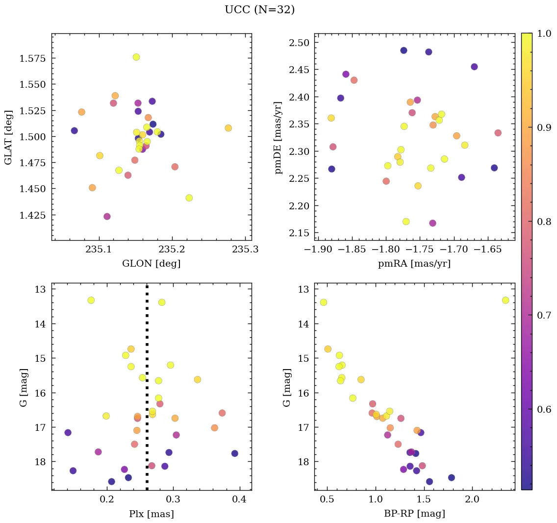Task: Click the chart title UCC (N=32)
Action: point(259,10)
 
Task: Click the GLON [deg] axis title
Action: point(151,264)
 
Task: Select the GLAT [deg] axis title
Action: point(8,136)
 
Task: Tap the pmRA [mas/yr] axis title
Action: point(414,264)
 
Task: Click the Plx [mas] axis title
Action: point(151,514)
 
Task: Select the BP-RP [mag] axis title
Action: point(414,514)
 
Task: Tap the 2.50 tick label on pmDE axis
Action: point(298,43)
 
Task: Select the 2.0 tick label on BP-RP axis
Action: point(472,500)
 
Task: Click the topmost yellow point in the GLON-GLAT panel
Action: point(136,57)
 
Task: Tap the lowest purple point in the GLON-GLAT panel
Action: point(107,217)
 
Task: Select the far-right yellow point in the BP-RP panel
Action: point(506,300)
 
